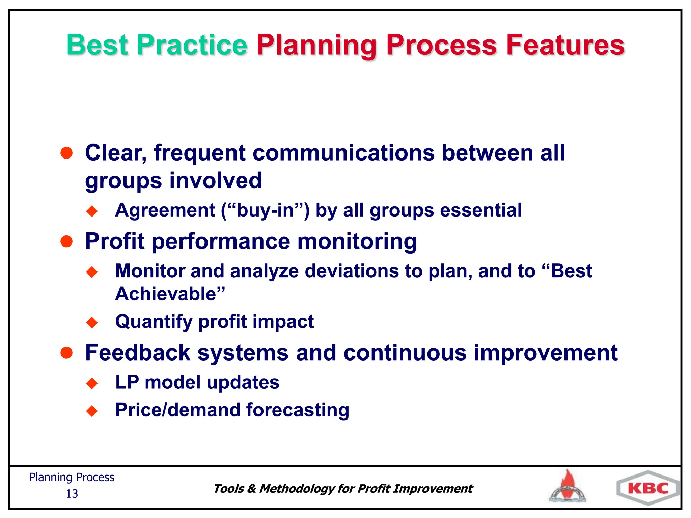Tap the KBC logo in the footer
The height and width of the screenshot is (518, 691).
click(648, 488)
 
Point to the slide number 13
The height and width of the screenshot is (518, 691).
click(72, 494)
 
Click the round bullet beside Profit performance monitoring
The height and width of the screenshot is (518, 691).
click(66, 241)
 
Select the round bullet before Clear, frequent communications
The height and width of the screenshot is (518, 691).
click(66, 153)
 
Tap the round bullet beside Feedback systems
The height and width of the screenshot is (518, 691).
click(66, 353)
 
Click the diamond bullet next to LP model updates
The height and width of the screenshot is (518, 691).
click(92, 383)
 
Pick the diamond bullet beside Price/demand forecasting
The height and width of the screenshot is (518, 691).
click(92, 411)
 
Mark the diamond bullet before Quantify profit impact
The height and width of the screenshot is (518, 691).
click(92, 322)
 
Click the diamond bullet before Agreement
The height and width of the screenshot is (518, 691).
click(92, 211)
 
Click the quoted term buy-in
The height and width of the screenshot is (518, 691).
click(266, 210)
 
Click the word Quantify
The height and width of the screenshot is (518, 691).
click(154, 321)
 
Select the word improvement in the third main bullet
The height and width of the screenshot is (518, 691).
click(545, 353)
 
